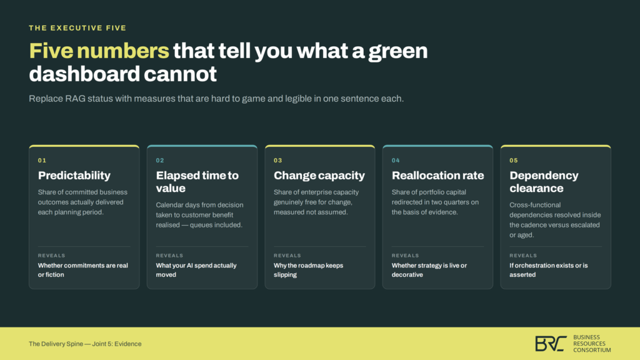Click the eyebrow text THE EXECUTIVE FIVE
click(77, 28)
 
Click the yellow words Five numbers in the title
click(99, 51)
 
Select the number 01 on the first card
click(42, 161)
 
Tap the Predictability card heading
click(74, 176)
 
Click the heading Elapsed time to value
click(197, 182)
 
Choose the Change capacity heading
click(319, 176)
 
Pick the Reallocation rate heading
click(437, 176)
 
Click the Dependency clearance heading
click(544, 182)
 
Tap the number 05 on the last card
click(514, 161)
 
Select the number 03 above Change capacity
click(278, 161)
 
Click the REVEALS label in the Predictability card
click(51, 256)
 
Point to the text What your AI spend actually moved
click(196, 270)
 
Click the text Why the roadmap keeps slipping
click(309, 270)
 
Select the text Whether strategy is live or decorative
click(429, 270)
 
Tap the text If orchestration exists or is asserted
click(549, 270)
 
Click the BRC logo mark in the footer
click(551, 344)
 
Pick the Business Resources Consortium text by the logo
click(592, 344)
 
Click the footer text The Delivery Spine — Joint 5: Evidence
click(85, 344)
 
